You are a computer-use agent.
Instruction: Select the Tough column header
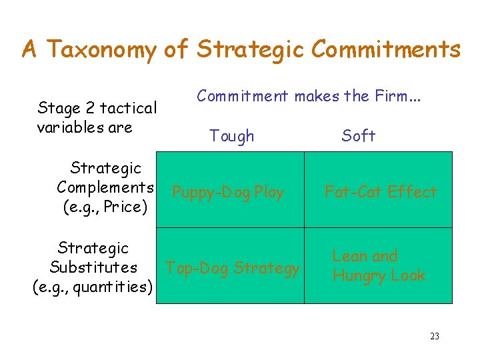(x=231, y=136)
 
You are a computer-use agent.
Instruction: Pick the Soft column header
(x=358, y=136)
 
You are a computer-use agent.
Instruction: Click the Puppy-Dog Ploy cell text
(x=228, y=193)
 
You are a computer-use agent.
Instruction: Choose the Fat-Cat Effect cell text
(x=380, y=192)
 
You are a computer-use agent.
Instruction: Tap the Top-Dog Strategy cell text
(x=233, y=268)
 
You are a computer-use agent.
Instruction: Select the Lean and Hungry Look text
(x=378, y=266)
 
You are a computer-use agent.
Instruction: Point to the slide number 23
(x=434, y=336)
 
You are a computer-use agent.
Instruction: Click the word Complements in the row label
(x=105, y=187)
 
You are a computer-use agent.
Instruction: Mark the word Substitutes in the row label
(x=93, y=267)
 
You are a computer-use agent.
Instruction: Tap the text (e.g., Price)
(x=105, y=207)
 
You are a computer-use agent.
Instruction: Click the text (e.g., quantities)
(x=93, y=287)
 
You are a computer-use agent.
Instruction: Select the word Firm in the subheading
(x=397, y=96)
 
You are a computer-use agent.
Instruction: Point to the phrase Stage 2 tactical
(x=97, y=107)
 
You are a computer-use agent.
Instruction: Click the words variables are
(x=85, y=127)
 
